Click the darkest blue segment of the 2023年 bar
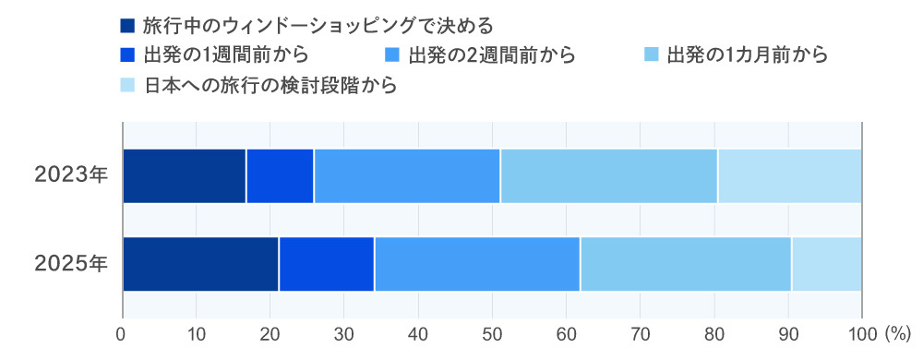pos(184,175)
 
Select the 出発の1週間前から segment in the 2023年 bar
pos(280,175)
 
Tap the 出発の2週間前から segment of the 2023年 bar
pos(407,175)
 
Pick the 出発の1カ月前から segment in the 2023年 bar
pos(608,175)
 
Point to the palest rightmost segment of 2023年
pos(789,175)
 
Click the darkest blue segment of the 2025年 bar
pos(200,264)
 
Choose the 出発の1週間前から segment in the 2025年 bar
pos(326,264)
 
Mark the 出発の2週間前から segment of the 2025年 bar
pos(477,264)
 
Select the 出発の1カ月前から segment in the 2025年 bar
pos(686,264)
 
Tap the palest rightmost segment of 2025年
pos(826,264)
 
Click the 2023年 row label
pos(71,175)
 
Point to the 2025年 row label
pos(71,264)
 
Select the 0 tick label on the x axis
pos(122,331)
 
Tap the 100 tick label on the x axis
pos(861,331)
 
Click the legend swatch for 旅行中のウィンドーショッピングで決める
pos(127,25)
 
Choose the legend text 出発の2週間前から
pos(491,55)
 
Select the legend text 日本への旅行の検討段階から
pos(270,86)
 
